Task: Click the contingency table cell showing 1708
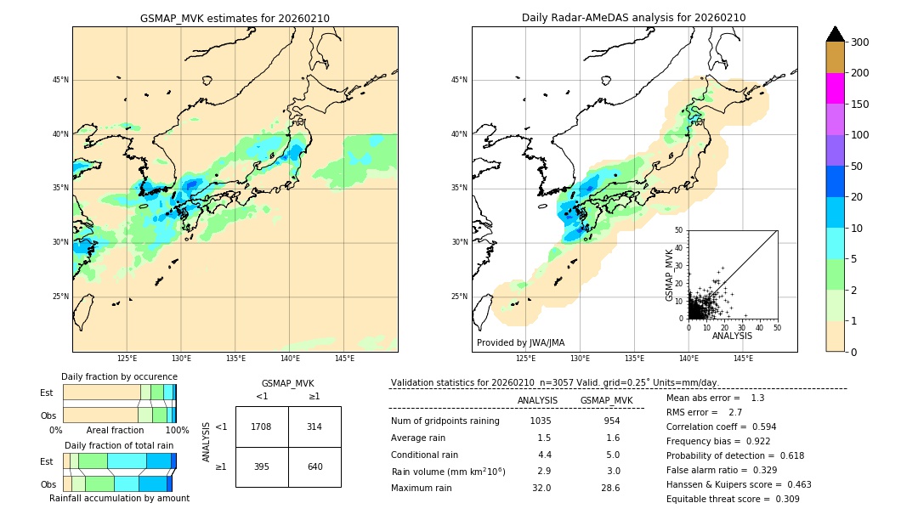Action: pos(262,427)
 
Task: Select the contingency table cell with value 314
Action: pos(314,427)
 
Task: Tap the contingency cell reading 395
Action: pos(262,466)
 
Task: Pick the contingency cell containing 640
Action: pos(314,466)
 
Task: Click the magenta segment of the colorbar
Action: pos(836,88)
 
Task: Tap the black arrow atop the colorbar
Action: pos(836,34)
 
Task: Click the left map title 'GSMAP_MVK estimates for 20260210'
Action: pos(235,18)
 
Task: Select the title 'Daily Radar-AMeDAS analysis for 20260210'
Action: pos(634,18)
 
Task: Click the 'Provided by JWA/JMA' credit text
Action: pos(520,343)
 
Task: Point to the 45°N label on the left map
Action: pos(59,80)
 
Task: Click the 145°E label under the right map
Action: pos(743,359)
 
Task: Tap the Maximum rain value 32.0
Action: pos(541,488)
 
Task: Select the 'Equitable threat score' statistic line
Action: pos(733,499)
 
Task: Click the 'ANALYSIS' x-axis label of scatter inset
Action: pos(732,336)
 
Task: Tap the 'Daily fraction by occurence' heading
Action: pos(119,376)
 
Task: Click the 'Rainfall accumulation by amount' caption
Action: pos(119,498)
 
